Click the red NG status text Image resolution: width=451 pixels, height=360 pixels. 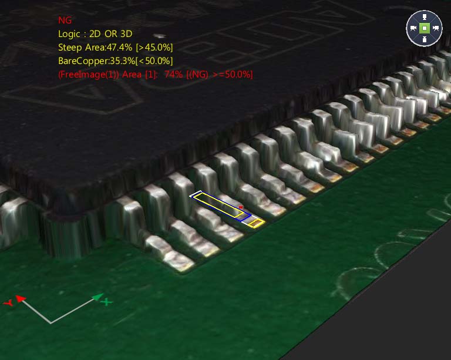click(65, 21)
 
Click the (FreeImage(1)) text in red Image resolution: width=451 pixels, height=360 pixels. click(89, 75)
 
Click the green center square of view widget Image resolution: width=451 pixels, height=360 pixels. click(424, 28)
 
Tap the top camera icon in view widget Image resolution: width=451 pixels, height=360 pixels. click(424, 16)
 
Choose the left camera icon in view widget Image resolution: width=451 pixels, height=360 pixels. click(413, 28)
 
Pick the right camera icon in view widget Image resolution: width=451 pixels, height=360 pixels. click(436, 28)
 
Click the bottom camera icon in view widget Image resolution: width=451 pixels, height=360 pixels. click(424, 39)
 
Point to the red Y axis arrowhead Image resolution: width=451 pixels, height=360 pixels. click(19, 299)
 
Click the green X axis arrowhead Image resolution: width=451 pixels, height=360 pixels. click(97, 297)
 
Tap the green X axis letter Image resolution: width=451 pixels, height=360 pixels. click(106, 302)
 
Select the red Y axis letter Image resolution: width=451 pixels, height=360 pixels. click(8, 303)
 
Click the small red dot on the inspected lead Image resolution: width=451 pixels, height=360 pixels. click(241, 207)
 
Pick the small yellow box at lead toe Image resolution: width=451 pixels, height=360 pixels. click(255, 223)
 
